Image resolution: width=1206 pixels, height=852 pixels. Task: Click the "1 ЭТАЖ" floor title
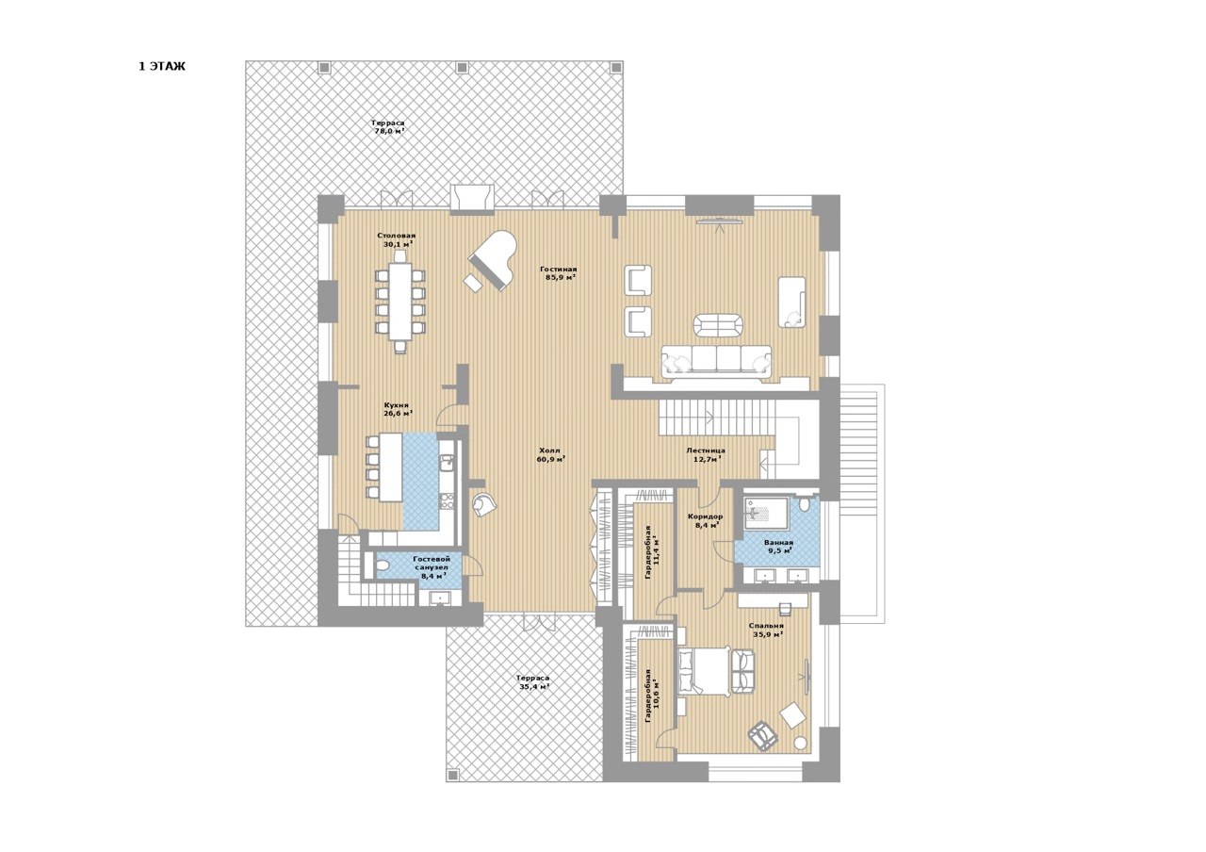coord(162,67)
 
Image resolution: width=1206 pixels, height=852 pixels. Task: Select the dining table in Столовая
coord(400,306)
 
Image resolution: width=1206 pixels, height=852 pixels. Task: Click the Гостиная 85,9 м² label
coord(559,273)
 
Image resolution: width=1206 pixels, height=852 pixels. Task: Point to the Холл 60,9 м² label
coord(549,454)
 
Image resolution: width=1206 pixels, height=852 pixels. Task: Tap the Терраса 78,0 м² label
coord(387,126)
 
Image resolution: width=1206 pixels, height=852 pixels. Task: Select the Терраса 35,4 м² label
coord(532,682)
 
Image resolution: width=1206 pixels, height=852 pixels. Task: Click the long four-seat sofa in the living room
coord(716,361)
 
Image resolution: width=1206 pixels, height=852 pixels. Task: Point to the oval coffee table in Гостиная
coord(718,325)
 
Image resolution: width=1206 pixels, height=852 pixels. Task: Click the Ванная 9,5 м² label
coord(778,547)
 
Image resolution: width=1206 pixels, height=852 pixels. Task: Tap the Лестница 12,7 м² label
coord(706,454)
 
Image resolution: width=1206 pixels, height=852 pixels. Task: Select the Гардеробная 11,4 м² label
coord(652,552)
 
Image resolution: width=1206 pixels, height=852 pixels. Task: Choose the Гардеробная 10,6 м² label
coord(652,696)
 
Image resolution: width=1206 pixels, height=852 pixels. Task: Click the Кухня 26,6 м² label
coord(398,409)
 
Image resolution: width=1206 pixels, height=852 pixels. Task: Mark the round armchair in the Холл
coord(483,504)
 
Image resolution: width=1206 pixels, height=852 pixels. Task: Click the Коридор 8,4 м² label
coord(706,520)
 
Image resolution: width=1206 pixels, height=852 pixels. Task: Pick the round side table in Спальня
coord(802,744)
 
